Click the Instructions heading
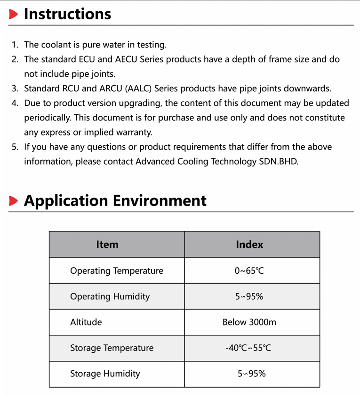[67, 14]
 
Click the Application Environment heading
[115, 201]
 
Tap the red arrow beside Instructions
[14, 15]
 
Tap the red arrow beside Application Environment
[14, 201]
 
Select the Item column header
[107, 245]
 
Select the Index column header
[249, 245]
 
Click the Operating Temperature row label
[117, 271]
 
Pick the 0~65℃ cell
[249, 271]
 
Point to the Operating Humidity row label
[110, 296]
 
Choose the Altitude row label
[86, 322]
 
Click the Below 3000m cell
[249, 322]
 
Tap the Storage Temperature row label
[112, 348]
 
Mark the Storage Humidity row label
[105, 374]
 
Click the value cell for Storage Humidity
[251, 374]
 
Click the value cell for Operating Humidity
[249, 296]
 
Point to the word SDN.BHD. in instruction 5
[281, 161]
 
